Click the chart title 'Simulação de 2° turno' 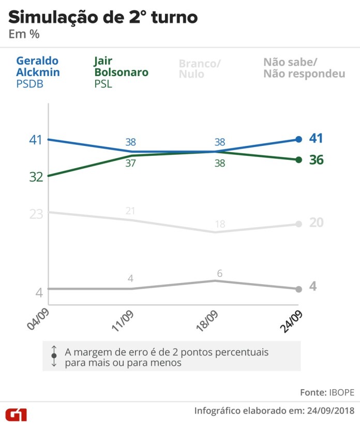coord(102,17)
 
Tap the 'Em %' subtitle coord(24,34)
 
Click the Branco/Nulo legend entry coord(200,69)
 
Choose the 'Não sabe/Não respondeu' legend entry coord(304,68)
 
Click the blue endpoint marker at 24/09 coord(298,139)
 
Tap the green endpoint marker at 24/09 coord(298,159)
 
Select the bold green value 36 coord(316,160)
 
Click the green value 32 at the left coord(36,176)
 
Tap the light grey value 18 coord(220,224)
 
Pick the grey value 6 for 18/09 coord(219,273)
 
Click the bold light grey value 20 coord(316,223)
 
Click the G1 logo coord(17,413)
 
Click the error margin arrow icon coord(54,357)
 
